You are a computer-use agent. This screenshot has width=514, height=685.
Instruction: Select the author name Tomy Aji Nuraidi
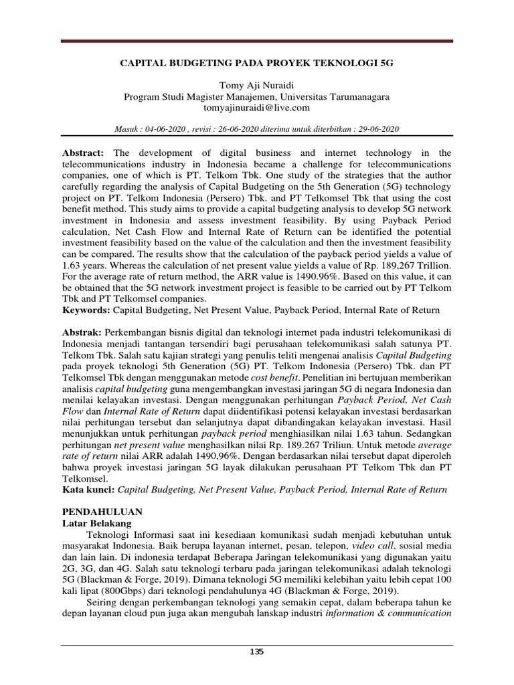[257, 85]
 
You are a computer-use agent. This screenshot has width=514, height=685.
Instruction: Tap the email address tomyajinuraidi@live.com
[257, 107]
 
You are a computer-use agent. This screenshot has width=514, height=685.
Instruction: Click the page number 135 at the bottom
[257, 652]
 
